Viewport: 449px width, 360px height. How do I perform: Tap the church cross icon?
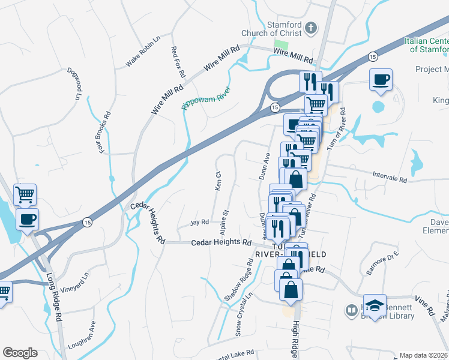click(x=311, y=28)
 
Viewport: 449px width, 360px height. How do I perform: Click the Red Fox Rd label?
click(x=177, y=62)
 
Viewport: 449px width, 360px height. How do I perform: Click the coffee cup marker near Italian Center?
click(x=381, y=79)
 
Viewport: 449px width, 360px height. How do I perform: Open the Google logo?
click(x=20, y=353)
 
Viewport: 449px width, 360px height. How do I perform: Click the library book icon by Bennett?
click(x=351, y=310)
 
